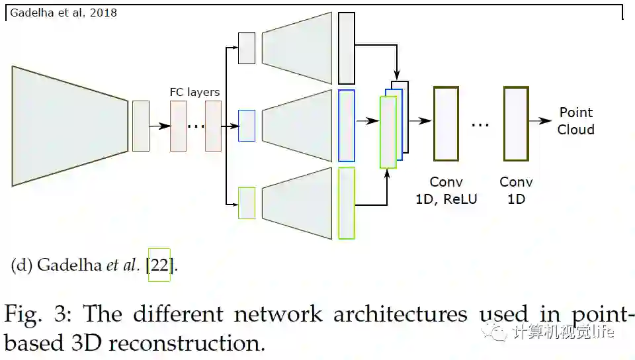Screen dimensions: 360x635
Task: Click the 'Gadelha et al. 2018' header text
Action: pos(63,12)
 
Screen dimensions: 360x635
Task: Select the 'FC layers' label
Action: pos(194,92)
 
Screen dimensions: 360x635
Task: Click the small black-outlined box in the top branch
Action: pos(247,48)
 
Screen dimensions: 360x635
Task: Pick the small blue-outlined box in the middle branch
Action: pos(247,126)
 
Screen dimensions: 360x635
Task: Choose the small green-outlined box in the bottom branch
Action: pos(247,203)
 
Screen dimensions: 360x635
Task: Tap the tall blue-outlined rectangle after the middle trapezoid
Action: pos(347,126)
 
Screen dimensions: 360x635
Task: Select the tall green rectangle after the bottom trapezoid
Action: pos(347,203)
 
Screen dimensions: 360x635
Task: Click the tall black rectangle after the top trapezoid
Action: pos(347,48)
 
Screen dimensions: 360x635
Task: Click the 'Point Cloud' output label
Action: pos(576,121)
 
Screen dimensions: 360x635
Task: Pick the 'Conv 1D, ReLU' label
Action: pos(446,190)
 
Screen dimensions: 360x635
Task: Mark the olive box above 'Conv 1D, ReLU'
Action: pos(446,123)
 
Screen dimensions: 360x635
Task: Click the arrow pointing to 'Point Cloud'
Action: pos(542,121)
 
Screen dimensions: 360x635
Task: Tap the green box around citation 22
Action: pos(159,264)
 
